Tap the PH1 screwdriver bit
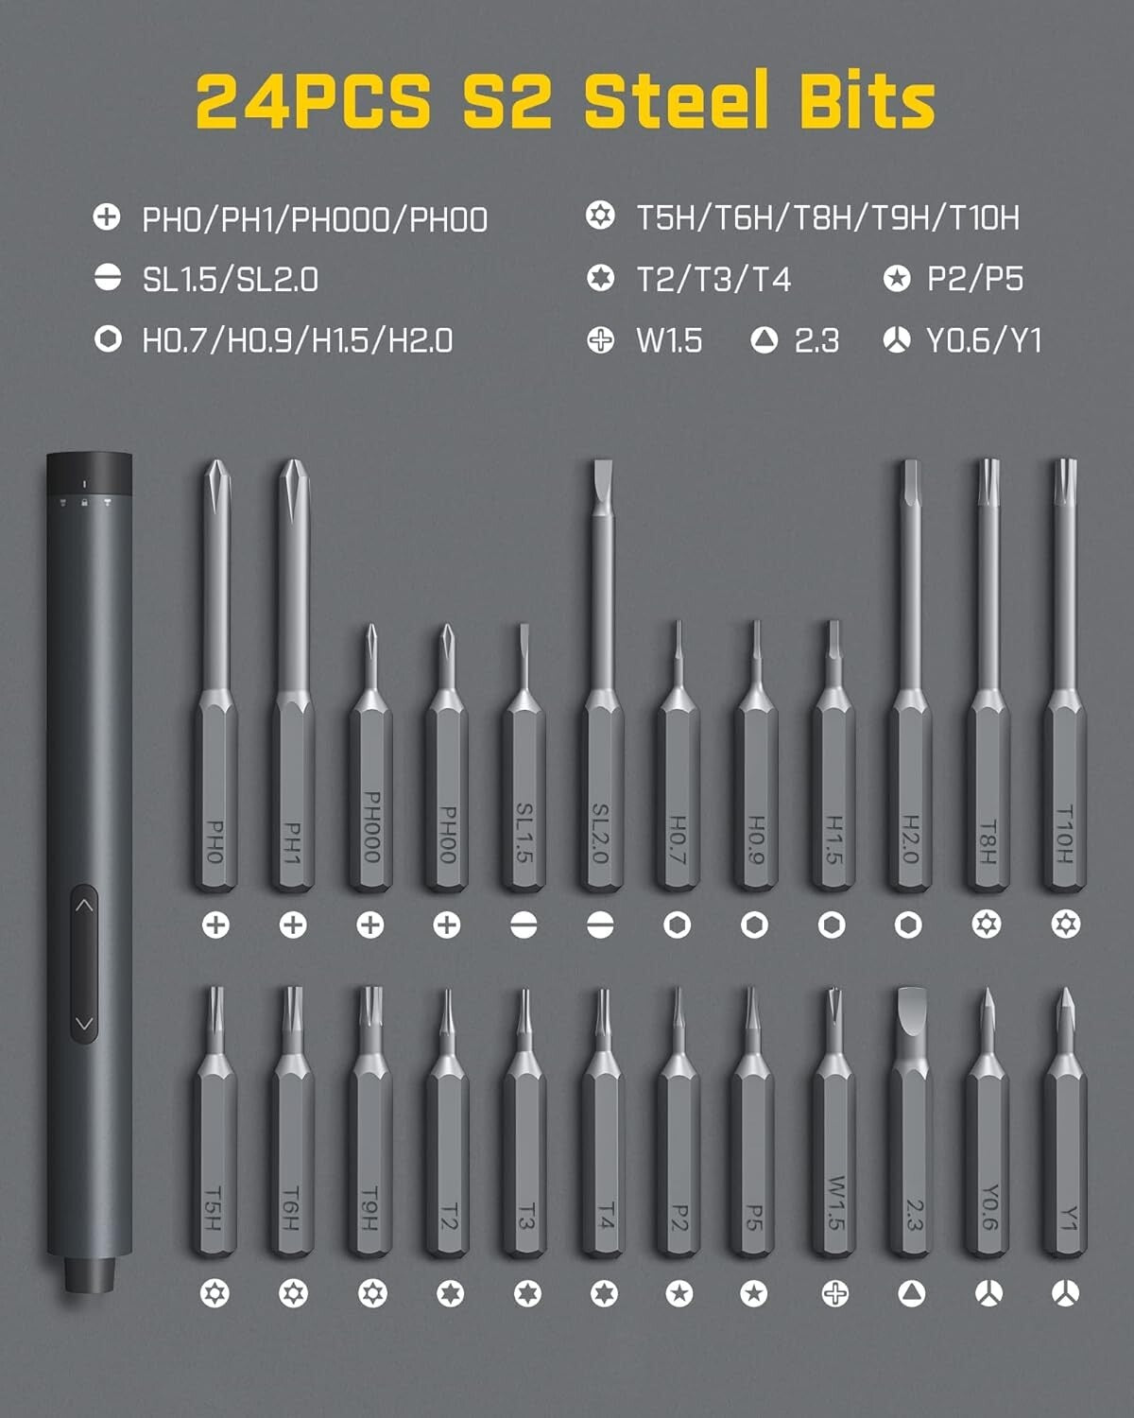293,756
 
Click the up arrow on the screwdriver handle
84,906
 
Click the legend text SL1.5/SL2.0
230,280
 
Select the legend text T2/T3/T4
713,280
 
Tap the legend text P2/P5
975,279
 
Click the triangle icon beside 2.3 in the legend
765,340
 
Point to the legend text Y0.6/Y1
984,340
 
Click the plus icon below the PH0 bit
215,925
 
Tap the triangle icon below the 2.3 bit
911,1293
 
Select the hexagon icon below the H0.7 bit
677,925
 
